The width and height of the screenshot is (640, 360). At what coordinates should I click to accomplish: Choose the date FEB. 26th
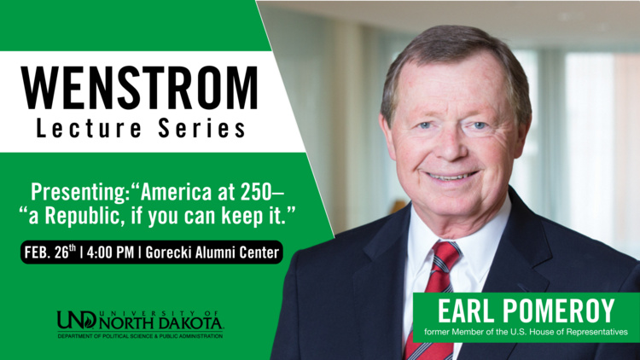[52, 253]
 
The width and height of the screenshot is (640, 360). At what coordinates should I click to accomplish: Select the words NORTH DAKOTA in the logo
[162, 324]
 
